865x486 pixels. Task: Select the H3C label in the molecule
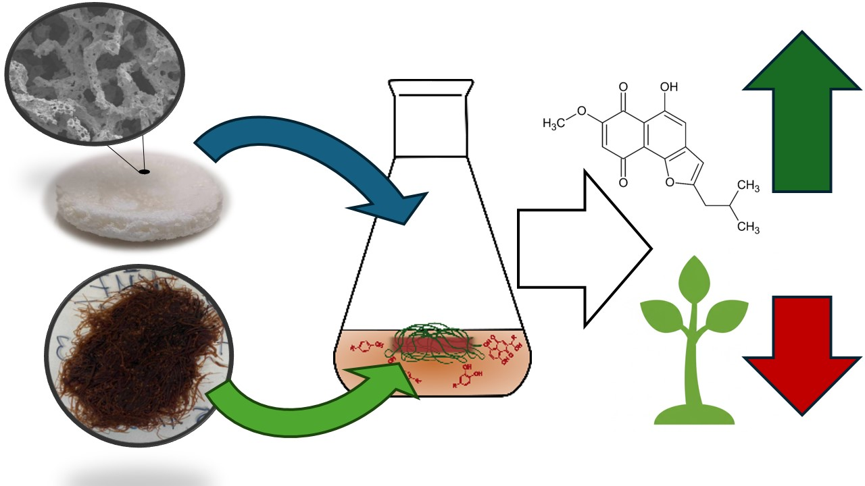coord(556,124)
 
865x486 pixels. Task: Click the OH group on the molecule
coord(668,87)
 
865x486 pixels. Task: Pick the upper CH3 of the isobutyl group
coord(748,186)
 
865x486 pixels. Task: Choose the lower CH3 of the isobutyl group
coord(748,227)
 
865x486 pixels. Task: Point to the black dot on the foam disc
coord(144,171)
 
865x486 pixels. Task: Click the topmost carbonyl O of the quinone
coord(622,87)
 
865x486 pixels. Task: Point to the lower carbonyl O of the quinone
coord(622,181)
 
